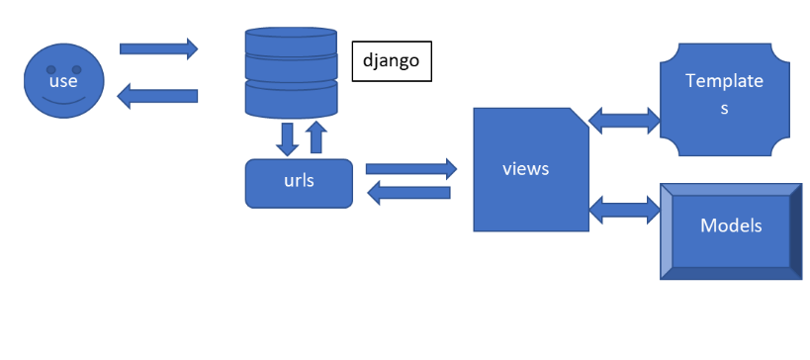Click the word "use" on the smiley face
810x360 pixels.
click(63, 81)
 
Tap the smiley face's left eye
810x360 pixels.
click(48, 67)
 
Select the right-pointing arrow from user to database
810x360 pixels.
click(158, 47)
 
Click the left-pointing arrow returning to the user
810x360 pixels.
click(157, 97)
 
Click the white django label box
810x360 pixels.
click(393, 60)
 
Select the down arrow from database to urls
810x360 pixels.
click(288, 138)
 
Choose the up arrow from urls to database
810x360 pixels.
click(315, 137)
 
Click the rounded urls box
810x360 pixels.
click(298, 183)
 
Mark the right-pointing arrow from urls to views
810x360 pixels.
click(410, 169)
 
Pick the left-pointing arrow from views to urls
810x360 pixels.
click(410, 194)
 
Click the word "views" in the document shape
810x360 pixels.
click(524, 168)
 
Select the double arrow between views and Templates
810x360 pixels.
click(624, 120)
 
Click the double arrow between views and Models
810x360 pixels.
click(624, 209)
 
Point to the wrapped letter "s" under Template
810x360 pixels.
click(724, 109)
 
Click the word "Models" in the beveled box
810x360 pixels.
click(730, 225)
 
